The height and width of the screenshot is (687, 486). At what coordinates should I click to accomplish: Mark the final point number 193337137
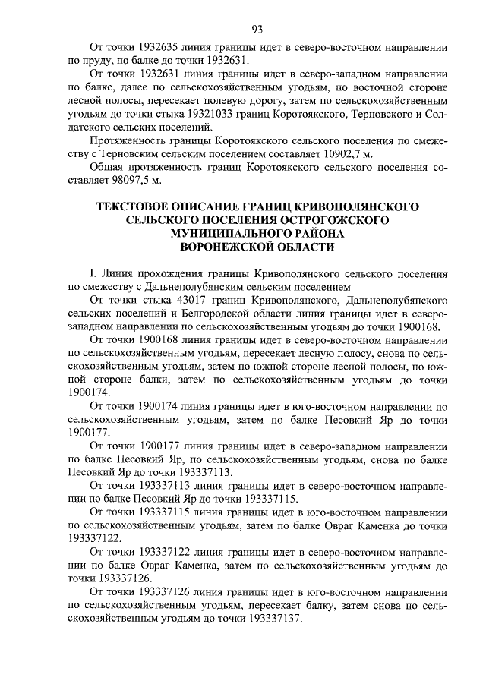pyautogui.click(x=274, y=619)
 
